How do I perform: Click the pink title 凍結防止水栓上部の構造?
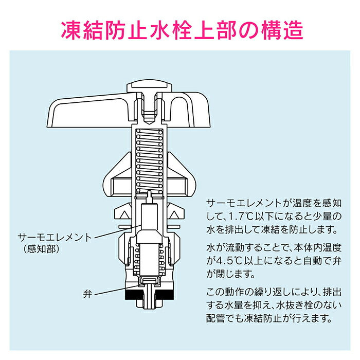point(180,29)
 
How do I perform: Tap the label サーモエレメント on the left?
point(55,238)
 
